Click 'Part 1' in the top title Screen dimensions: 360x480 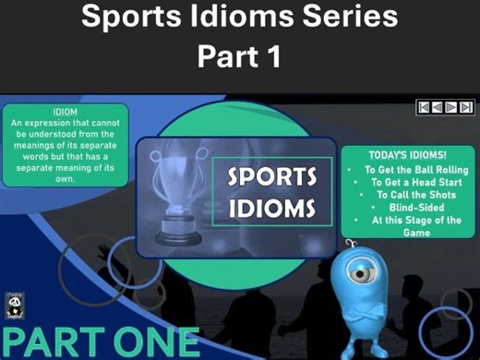240,54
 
